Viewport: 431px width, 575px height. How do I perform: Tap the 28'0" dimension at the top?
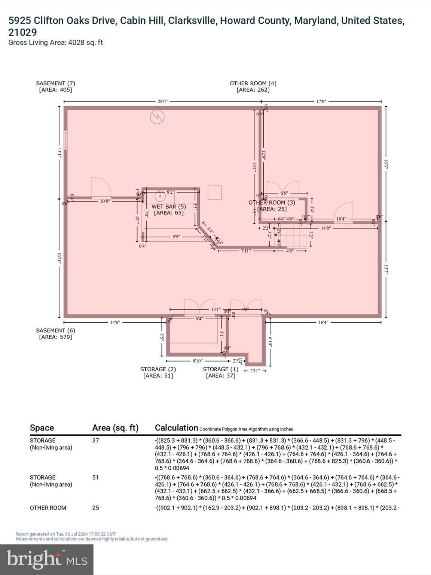162,101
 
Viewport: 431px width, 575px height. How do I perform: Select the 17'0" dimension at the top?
321,101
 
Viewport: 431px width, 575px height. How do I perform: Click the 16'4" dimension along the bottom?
323,322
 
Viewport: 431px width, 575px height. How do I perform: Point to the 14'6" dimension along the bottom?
115,322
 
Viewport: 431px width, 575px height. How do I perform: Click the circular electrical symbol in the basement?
157,117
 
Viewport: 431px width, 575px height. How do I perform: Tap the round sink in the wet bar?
160,196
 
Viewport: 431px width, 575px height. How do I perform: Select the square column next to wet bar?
215,193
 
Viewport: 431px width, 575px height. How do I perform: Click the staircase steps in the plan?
296,235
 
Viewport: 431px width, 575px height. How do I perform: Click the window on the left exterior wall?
65,140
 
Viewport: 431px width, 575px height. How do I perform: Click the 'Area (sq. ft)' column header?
115,428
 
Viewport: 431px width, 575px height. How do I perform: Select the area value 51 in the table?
95,478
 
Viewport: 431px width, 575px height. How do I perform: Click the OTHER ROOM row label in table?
48,508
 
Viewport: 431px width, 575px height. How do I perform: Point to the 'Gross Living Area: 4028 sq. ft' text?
55,43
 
